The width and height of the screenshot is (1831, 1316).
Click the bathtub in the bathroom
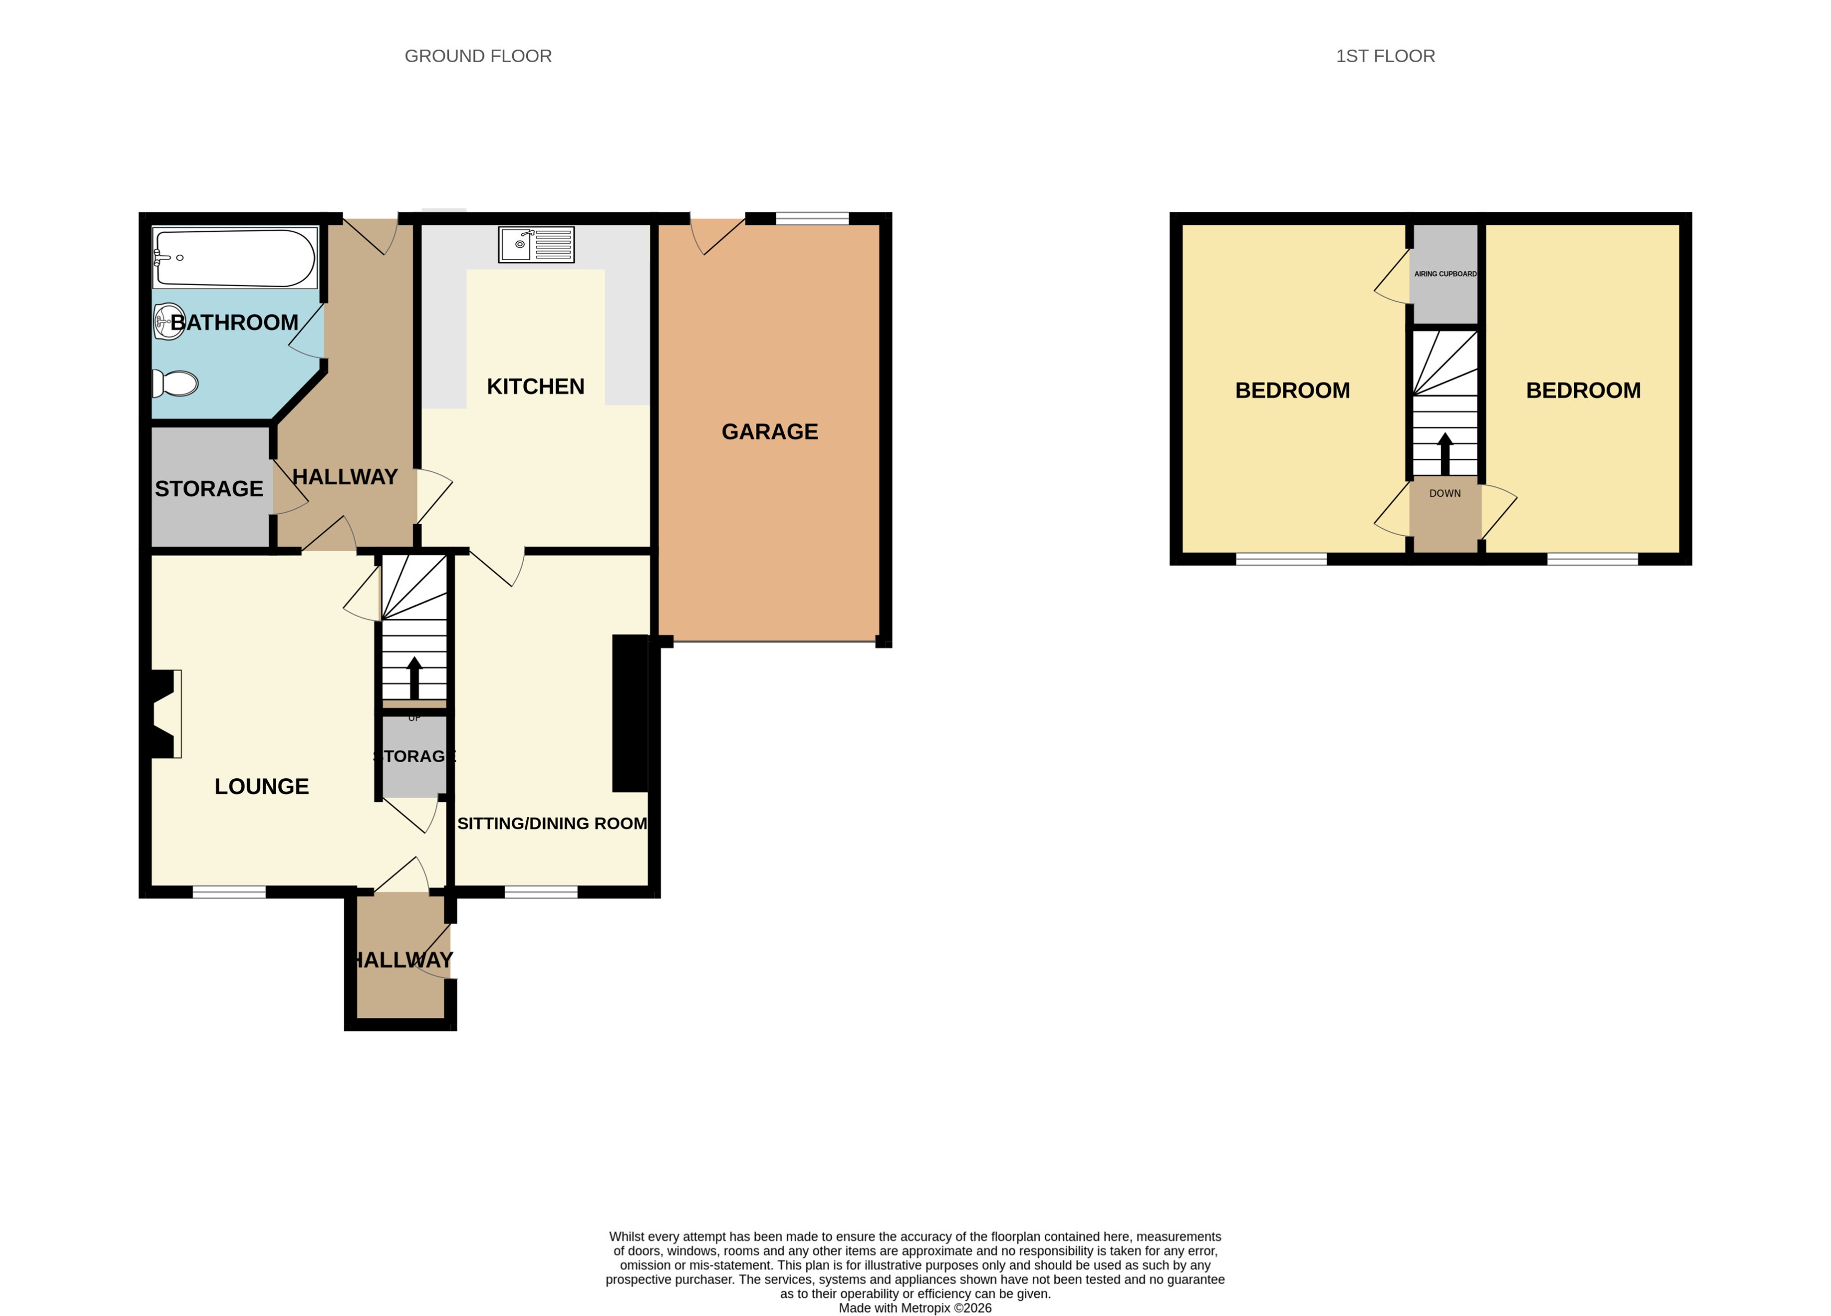click(x=235, y=257)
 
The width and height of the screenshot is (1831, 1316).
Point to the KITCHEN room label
click(x=535, y=387)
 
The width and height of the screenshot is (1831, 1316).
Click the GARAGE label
click(x=770, y=432)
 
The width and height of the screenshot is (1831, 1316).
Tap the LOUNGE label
click(x=262, y=786)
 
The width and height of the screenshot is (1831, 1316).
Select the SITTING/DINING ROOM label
click(x=552, y=823)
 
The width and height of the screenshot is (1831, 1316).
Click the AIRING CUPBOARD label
click(x=1445, y=274)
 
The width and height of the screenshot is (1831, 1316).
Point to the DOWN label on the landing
click(x=1444, y=493)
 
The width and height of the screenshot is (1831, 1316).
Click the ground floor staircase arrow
click(x=414, y=678)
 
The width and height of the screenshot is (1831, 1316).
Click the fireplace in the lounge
click(x=164, y=714)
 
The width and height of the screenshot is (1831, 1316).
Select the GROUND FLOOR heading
click(x=478, y=56)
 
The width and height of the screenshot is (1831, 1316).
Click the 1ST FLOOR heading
click(x=1385, y=56)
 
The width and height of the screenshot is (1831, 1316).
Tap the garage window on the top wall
click(x=812, y=218)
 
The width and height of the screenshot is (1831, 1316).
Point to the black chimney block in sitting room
click(x=630, y=713)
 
